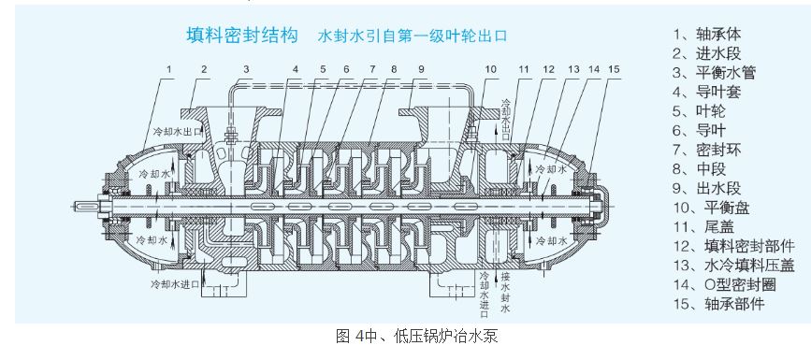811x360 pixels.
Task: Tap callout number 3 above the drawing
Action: click(x=245, y=70)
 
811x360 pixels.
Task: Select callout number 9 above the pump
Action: click(x=421, y=70)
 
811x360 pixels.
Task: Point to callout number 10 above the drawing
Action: click(x=491, y=70)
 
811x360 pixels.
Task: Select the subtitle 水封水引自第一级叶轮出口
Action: click(x=412, y=37)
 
